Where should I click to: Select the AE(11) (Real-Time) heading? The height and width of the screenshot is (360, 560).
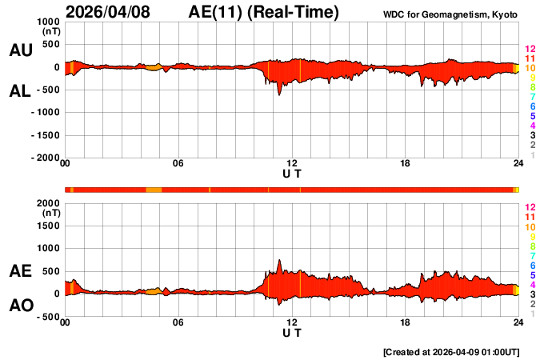tap(263, 12)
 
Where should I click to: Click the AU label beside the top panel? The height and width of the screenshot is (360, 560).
tap(20, 50)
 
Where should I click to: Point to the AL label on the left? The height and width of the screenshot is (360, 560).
tap(20, 91)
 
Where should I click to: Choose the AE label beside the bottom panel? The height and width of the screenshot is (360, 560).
tap(20, 272)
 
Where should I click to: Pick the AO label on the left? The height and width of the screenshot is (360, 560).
tap(20, 306)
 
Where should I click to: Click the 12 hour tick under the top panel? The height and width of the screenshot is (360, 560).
tap(292, 164)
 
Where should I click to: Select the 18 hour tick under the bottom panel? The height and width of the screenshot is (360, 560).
tap(406, 322)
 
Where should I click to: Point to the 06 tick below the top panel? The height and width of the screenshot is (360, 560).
tap(178, 164)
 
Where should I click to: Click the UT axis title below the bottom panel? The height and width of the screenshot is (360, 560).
tap(292, 333)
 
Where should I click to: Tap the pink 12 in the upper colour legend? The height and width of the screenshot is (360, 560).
tap(530, 50)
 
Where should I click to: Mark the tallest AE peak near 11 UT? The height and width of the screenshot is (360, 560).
tap(279, 260)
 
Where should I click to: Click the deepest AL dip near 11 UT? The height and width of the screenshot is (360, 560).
tap(279, 95)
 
